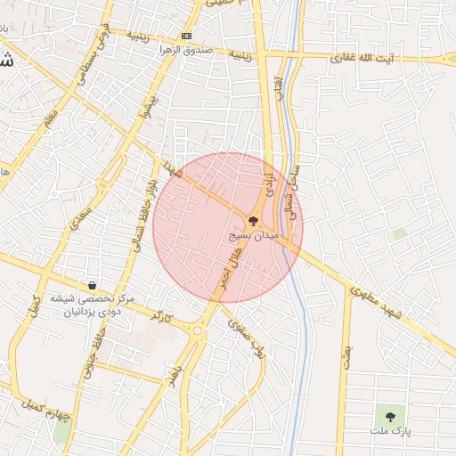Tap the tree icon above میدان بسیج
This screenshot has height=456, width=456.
(x=253, y=221)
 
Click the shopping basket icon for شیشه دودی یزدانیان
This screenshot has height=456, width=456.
(x=93, y=286)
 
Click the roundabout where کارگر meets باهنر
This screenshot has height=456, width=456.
(x=197, y=330)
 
